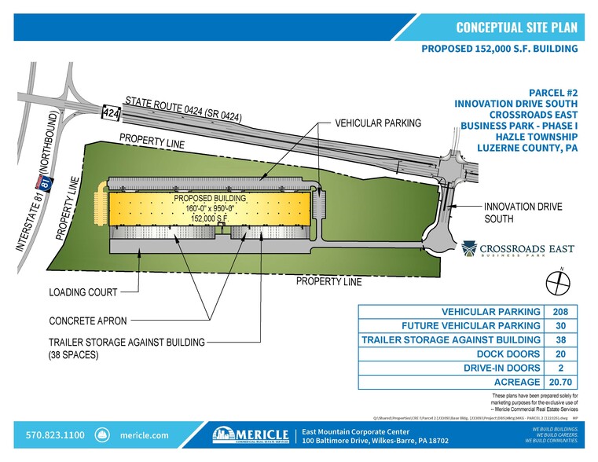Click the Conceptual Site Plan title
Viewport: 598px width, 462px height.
(516, 27)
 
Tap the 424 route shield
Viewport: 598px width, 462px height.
(111, 113)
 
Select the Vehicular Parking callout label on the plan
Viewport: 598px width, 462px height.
(378, 123)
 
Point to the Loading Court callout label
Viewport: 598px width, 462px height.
(83, 292)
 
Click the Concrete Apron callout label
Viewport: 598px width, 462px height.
(87, 321)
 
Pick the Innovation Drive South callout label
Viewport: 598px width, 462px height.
(523, 212)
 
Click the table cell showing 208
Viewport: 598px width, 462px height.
(561, 312)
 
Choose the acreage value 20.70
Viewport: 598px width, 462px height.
(561, 383)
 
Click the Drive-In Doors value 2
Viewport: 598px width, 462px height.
(561, 368)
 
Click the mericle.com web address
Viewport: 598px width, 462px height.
(144, 434)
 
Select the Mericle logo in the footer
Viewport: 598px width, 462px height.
(251, 434)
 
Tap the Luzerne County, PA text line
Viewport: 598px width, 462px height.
(527, 147)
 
